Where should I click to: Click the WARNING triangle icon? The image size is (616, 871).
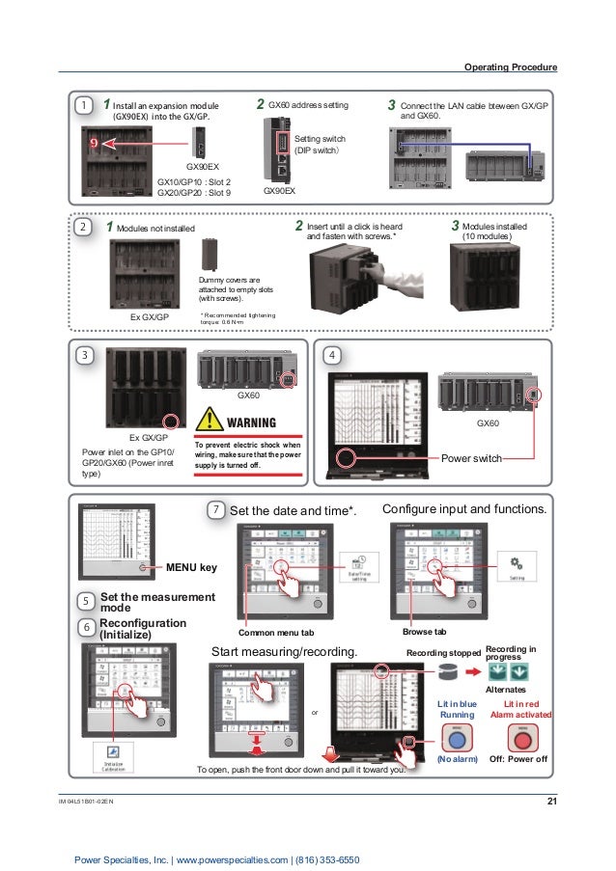[211, 422]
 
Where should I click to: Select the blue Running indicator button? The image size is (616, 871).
[457, 739]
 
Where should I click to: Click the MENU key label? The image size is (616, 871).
[193, 569]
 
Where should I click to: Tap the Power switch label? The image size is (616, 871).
[471, 458]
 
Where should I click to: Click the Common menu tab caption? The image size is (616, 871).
[276, 632]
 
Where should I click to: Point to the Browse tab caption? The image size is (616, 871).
[424, 632]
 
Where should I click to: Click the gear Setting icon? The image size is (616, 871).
[516, 564]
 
